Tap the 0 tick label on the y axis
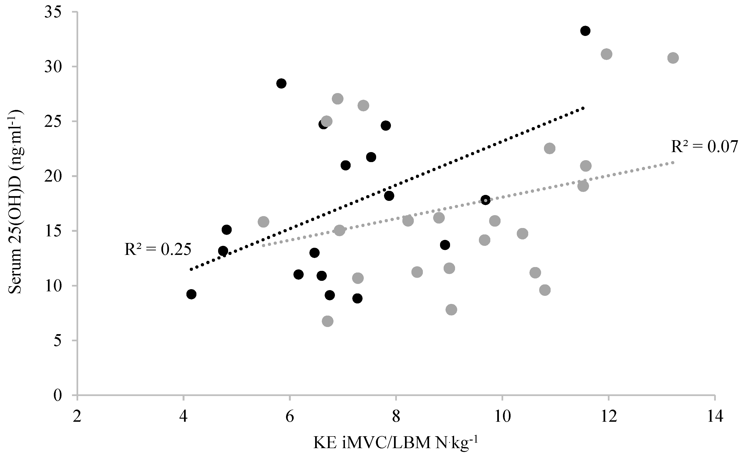coord(58,395)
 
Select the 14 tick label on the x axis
coord(715,417)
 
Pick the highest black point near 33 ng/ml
coord(585,31)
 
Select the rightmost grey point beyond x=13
coord(673,58)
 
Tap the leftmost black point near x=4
coord(191,294)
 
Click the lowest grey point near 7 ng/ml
coord(328,321)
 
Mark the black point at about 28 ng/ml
coord(282,83)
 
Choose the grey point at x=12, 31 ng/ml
coord(606,54)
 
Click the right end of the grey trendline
coord(673,163)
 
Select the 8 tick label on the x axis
coord(396,417)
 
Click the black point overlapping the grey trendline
coord(485,200)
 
